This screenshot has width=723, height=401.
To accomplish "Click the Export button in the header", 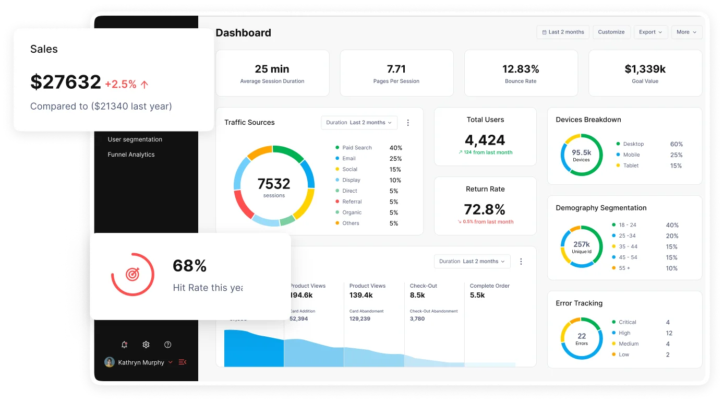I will [650, 32].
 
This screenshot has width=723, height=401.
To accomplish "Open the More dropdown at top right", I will [686, 32].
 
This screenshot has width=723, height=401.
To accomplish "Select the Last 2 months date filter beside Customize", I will [563, 32].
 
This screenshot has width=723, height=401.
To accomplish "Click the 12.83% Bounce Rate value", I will [521, 69].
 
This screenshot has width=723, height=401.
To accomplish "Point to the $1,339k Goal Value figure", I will [645, 69].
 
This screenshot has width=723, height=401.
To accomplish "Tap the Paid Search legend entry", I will [357, 148].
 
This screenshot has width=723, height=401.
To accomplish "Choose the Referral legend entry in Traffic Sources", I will [352, 202].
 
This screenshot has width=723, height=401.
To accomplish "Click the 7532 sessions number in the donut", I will [274, 184].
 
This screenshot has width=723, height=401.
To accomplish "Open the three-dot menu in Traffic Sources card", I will [408, 123].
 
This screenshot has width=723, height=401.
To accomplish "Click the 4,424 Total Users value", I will [485, 140].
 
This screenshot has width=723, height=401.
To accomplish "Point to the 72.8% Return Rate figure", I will [485, 209].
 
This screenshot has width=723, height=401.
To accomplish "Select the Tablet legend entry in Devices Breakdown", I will [631, 166].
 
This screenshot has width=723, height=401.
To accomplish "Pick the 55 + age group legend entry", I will [624, 268].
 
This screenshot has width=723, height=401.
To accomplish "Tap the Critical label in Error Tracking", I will [628, 322].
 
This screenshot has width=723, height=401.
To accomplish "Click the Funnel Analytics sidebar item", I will [131, 155].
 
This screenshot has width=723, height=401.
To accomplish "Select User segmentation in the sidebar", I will [135, 139].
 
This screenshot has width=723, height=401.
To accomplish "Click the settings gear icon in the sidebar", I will [146, 345].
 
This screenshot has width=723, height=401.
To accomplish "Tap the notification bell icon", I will [124, 345].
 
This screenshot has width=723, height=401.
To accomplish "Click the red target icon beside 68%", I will [132, 274].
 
